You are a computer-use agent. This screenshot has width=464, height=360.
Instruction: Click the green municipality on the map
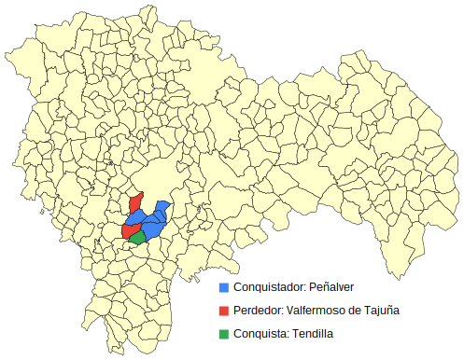[138, 238]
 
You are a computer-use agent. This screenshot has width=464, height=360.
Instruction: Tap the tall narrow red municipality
[134, 204]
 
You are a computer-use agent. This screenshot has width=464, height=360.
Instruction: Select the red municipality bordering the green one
[129, 229]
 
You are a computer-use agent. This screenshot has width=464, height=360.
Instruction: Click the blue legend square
[223, 286]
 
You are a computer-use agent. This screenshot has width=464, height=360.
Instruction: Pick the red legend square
[223, 310]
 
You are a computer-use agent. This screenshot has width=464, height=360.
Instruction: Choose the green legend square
[223, 333]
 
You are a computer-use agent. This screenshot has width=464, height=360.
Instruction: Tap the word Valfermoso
[320, 310]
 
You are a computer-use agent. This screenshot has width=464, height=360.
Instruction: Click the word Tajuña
[381, 310]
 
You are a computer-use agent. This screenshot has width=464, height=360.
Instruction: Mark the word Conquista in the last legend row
[260, 333]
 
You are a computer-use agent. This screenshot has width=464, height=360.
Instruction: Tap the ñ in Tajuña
[388, 310]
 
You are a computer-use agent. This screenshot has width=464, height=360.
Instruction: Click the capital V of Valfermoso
[292, 310]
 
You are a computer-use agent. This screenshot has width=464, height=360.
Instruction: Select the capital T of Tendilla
[296, 333]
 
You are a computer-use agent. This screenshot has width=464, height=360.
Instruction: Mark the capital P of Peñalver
[313, 286]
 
